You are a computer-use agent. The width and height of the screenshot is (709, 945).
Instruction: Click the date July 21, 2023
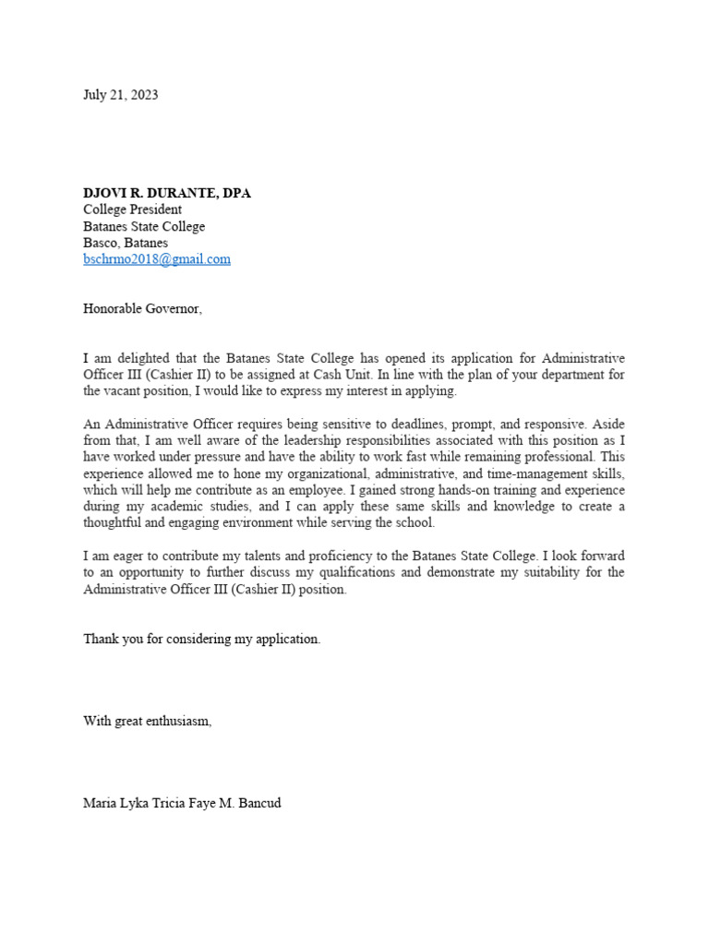120,94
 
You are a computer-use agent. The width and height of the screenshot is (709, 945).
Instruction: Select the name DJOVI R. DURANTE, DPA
166,193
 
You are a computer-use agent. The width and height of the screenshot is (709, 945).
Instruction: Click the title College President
132,209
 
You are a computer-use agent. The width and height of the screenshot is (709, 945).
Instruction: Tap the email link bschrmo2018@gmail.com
156,259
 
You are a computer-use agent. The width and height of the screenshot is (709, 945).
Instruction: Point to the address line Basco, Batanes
126,243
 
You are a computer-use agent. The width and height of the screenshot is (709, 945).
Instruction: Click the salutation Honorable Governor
142,309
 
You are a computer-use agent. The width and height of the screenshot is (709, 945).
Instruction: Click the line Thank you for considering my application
201,639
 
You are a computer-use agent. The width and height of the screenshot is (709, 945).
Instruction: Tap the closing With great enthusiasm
147,721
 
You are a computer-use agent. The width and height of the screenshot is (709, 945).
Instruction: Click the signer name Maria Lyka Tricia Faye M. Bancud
182,803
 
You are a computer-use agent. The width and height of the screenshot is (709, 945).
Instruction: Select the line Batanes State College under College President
144,226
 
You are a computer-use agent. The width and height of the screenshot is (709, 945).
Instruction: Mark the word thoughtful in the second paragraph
114,522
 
